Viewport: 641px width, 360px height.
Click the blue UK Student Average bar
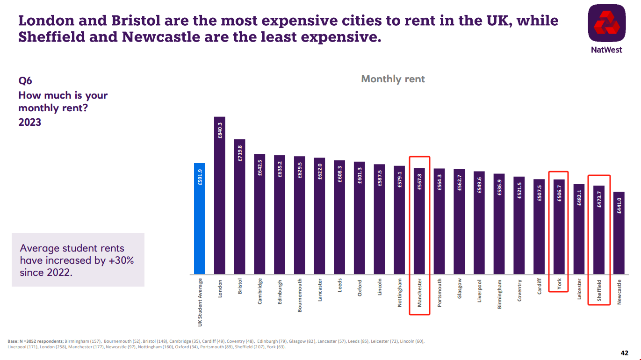point(200,220)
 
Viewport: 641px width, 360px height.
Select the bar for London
point(220,196)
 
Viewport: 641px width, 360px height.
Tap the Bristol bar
point(239,208)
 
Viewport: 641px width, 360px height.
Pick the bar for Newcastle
point(619,234)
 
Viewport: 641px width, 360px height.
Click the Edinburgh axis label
point(280,292)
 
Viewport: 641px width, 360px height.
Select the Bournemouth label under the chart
point(300,295)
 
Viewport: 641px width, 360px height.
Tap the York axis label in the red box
point(559,284)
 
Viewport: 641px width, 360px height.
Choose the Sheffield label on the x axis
point(599,291)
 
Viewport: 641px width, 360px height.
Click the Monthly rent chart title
point(393,79)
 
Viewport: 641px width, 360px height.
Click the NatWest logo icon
point(606,26)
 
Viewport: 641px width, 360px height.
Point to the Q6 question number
point(25,81)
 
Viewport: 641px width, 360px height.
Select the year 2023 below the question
point(30,122)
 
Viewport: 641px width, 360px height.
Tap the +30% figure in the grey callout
point(121,260)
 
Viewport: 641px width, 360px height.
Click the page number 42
point(624,353)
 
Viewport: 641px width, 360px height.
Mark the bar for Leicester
point(579,229)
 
